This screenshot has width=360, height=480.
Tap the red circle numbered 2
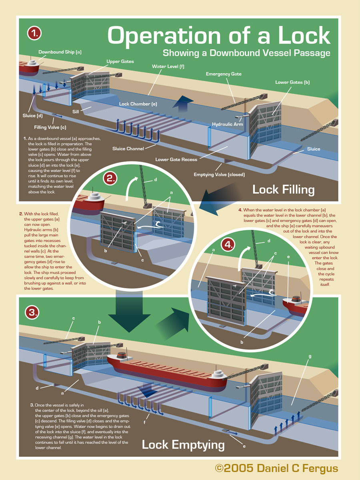tap(110, 178)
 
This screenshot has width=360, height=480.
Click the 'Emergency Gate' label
tap(224, 74)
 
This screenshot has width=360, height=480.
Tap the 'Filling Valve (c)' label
tap(50, 127)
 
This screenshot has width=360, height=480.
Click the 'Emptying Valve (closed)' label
tap(219, 175)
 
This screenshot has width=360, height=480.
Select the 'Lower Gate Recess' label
tap(176, 159)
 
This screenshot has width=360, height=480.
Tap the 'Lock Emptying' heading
tap(183, 444)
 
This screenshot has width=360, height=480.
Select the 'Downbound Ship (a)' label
tap(60, 52)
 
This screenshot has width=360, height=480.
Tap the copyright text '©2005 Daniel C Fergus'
tap(276, 468)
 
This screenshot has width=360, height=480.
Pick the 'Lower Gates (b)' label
tap(292, 82)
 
